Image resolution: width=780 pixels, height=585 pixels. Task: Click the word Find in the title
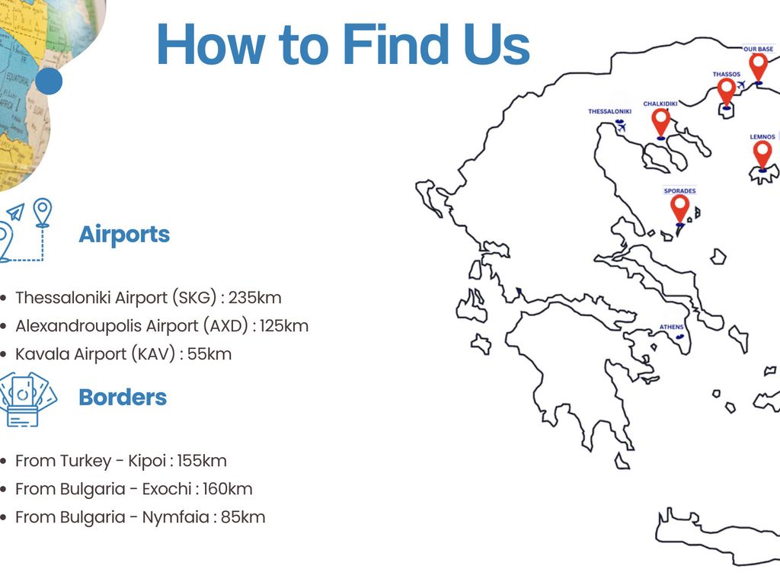tap(396, 44)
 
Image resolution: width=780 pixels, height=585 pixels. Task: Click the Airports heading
tap(124, 234)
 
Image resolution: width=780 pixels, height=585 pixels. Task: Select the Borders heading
tap(123, 397)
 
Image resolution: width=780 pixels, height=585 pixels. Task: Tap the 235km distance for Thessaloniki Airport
tap(254, 298)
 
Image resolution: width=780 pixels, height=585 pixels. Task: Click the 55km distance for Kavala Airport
tap(209, 353)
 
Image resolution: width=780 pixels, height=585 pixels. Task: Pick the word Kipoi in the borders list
tap(147, 461)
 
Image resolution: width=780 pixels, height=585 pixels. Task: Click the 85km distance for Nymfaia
tap(243, 517)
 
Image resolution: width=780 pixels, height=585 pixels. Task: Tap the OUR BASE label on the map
tap(758, 49)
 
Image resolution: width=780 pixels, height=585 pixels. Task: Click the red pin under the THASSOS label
tap(726, 91)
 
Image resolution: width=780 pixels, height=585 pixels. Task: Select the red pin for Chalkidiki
tap(660, 123)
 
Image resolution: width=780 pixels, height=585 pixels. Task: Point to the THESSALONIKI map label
tap(609, 111)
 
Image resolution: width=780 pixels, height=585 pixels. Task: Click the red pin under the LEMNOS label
tap(762, 155)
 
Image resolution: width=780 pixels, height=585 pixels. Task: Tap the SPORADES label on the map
tap(679, 190)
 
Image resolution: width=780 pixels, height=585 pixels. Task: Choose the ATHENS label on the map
tap(672, 327)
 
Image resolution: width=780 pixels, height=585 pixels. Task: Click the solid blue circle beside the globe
tap(49, 81)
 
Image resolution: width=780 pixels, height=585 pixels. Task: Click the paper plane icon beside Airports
tap(15, 213)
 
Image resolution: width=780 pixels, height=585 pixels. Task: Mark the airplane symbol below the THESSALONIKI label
tap(620, 127)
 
